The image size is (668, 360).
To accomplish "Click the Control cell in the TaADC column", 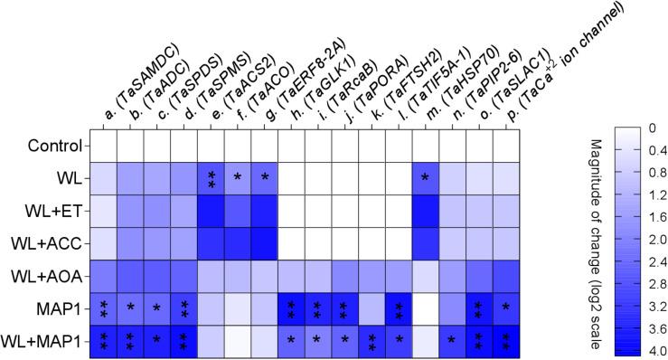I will click(131, 145).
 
